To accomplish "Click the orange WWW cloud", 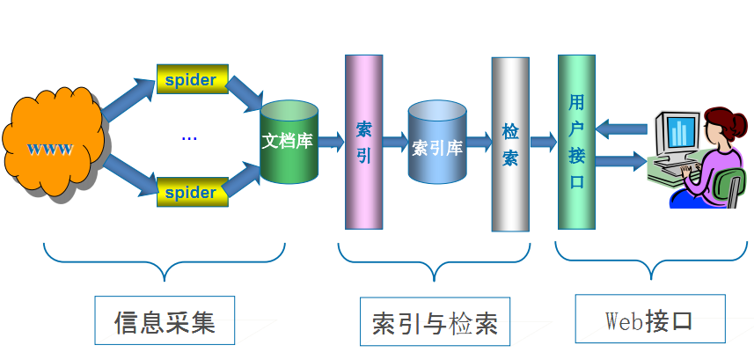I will pos(53,144).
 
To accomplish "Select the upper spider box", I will pos(192,80).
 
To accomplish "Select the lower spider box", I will pos(192,191).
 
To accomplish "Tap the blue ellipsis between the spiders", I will pos(189,137).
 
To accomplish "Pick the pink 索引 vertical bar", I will pos(363,141).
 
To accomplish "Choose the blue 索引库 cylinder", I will pos(437,143).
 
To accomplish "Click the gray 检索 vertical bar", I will pos(510,144).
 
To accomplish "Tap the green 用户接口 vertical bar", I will pos(576,141).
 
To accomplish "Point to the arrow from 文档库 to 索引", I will pos(331,141).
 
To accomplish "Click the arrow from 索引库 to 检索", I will pos(479,142).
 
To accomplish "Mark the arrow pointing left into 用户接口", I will pos(620,129).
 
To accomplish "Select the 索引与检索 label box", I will pos(435,322).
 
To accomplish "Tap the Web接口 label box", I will pos(650,319).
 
